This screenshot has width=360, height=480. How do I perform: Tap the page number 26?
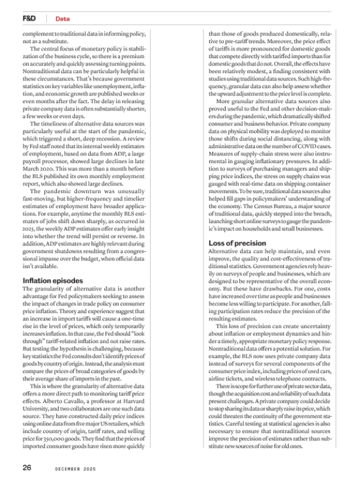point(27,467)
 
